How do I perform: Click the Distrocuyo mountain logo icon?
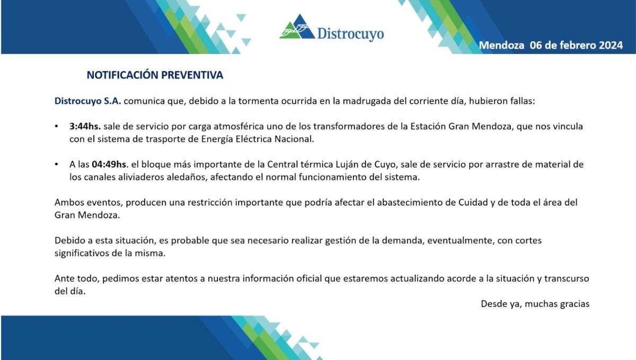click(297, 28)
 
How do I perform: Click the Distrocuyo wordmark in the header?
click(350, 34)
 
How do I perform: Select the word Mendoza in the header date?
click(501, 46)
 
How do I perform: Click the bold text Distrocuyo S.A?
click(88, 101)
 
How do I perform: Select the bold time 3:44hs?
click(85, 127)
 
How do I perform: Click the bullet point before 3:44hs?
click(57, 127)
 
